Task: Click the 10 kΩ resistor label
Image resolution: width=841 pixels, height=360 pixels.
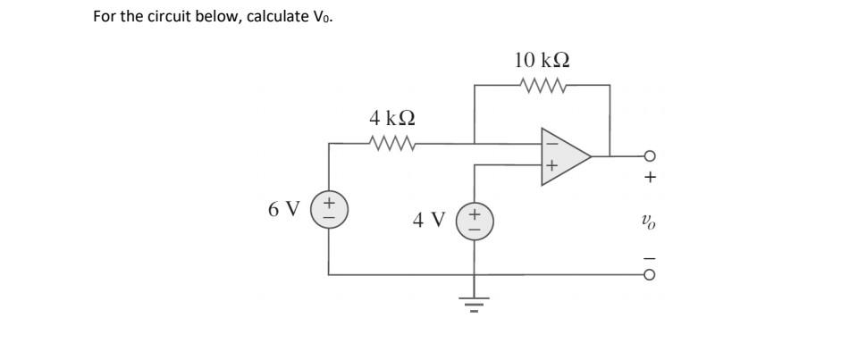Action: coord(542,61)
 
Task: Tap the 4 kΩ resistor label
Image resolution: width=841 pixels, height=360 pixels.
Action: coord(392,117)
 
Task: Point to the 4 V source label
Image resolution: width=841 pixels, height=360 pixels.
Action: coord(429,219)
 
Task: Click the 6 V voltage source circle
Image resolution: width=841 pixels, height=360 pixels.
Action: coord(330,210)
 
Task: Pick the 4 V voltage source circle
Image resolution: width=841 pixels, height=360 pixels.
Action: coord(474,220)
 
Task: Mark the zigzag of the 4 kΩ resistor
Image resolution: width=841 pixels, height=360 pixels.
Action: coord(391,142)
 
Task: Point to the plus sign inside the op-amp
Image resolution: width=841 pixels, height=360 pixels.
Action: coord(551,166)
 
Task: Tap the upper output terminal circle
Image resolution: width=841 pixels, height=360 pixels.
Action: coord(650,156)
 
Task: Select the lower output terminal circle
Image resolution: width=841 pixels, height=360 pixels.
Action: coord(650,274)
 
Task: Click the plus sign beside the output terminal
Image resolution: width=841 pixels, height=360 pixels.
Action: coord(650,178)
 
